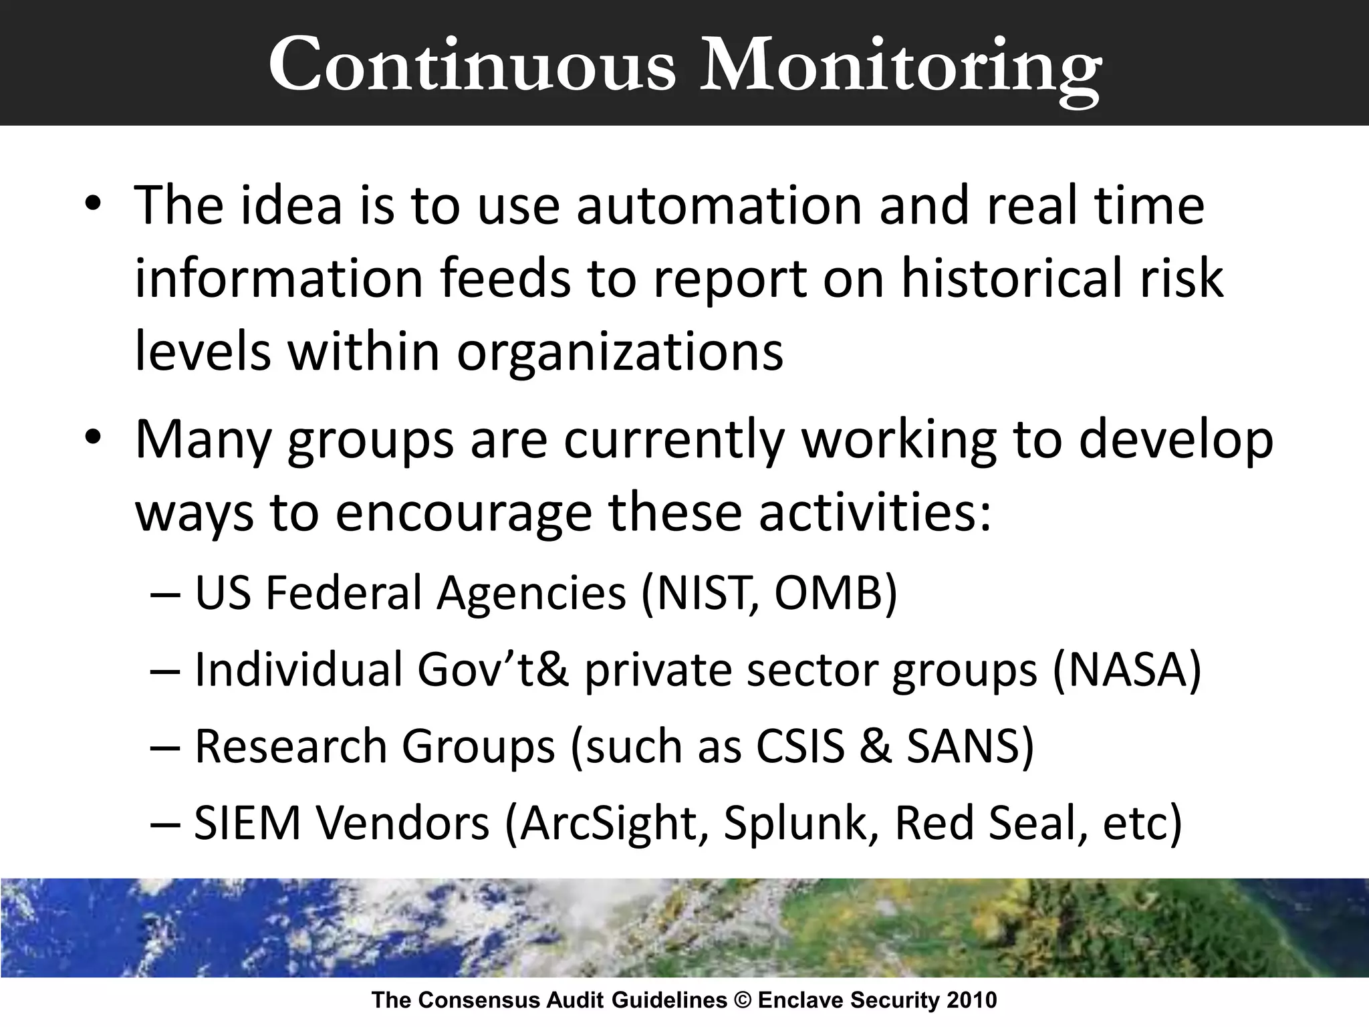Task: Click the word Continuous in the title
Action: [x=472, y=66]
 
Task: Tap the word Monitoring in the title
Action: [x=899, y=66]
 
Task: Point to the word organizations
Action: [x=620, y=352]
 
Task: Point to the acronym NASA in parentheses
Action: [x=1126, y=670]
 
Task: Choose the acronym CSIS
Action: [x=800, y=746]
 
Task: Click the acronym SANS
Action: [x=963, y=746]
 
